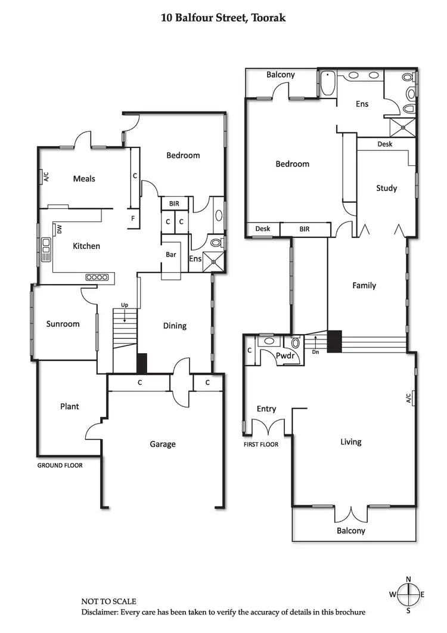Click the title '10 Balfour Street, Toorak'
tap(223, 18)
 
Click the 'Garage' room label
tap(163, 444)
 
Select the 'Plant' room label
tap(70, 406)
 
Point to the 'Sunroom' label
tap(63, 324)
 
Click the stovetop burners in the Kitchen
tap(97, 277)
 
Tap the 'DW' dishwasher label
tap(60, 228)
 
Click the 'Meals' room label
tap(84, 178)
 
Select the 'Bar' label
tap(170, 254)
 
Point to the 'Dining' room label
tap(175, 326)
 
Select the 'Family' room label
tap(364, 285)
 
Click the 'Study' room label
tap(386, 188)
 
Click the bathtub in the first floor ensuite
tap(327, 84)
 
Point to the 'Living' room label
tap(351, 442)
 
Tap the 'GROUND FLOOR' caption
tap(60, 465)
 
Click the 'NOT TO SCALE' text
tap(108, 602)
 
